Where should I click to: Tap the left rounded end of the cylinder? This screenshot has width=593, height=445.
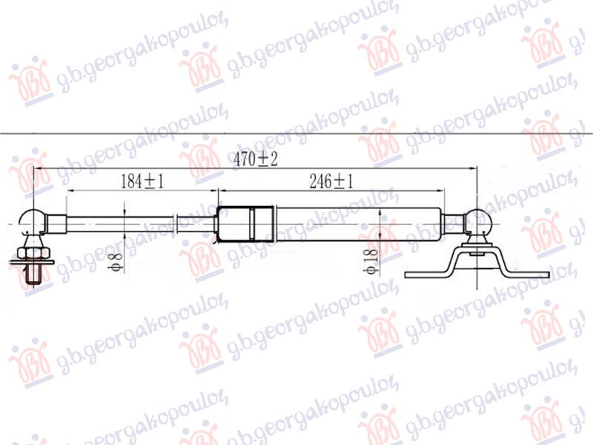(x=217, y=223)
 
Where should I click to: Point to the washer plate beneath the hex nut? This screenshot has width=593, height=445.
(x=33, y=263)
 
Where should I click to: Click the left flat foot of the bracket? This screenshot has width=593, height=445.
(x=423, y=274)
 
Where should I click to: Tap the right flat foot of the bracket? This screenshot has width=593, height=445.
(x=531, y=274)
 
